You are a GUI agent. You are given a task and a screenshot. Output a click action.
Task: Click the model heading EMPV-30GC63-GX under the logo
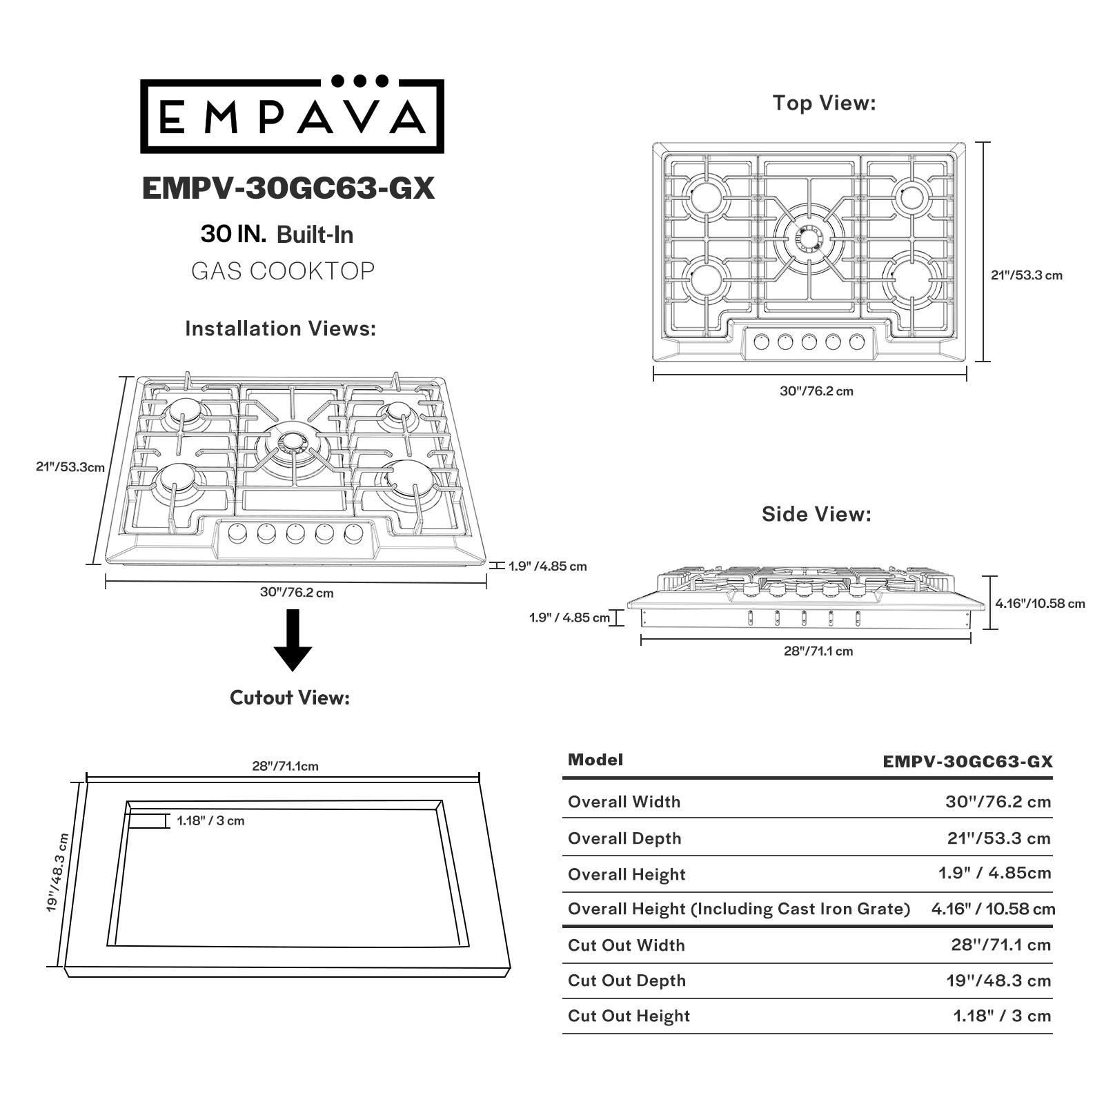click(288, 188)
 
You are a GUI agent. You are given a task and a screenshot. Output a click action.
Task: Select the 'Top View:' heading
click(824, 103)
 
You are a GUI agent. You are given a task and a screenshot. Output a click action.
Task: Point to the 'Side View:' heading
click(816, 514)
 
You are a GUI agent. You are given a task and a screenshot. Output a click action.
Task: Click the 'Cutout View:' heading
click(290, 698)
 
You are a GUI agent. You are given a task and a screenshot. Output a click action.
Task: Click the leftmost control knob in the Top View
click(762, 341)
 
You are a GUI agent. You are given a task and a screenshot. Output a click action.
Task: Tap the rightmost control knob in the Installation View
click(354, 533)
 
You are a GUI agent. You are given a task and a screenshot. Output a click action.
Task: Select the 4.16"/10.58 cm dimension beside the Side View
click(1040, 604)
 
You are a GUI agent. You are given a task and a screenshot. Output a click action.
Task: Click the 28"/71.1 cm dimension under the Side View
click(818, 651)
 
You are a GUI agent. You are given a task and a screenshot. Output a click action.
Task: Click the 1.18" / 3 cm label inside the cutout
click(210, 821)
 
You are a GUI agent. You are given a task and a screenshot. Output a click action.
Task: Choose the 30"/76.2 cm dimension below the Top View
click(816, 391)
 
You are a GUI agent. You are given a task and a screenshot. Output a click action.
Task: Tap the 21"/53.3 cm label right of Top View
click(1027, 275)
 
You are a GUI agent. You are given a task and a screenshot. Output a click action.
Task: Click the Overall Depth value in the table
click(998, 838)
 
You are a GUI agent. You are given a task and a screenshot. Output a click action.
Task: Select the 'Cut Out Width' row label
click(626, 945)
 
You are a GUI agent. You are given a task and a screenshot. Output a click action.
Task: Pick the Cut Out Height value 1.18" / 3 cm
click(1002, 1016)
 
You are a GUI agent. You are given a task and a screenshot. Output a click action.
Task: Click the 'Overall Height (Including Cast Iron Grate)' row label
click(738, 909)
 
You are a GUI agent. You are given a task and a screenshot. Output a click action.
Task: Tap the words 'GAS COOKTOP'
click(283, 271)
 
